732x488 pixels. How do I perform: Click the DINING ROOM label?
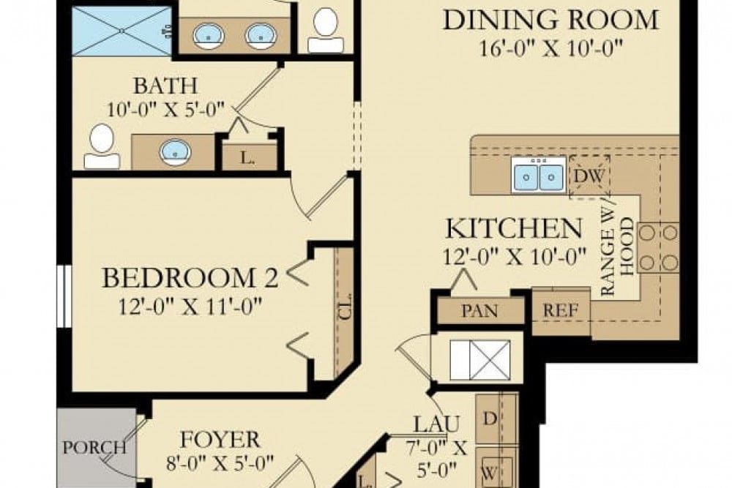coord(550,19)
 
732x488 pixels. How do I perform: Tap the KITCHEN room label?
coord(515,229)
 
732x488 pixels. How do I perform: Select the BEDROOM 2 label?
coord(190,278)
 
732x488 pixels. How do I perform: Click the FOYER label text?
coord(220,440)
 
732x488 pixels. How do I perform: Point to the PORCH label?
coord(94,447)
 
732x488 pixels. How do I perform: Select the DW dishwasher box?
coord(589,176)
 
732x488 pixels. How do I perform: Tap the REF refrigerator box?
coord(561,311)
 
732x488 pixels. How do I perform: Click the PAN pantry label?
coord(479,311)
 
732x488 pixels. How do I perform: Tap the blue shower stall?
coord(122,31)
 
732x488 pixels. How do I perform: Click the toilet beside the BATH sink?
coord(102,146)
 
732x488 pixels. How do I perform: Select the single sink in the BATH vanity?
coord(175,152)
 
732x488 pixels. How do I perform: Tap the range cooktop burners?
coord(657,247)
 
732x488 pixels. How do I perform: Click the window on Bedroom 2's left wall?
coord(64,296)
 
